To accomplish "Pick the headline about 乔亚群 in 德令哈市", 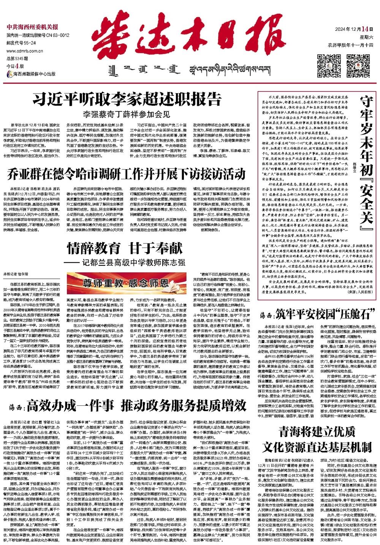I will click(127, 174).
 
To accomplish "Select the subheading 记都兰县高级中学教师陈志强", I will click(134, 263).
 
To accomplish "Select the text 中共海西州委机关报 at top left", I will click(32, 27).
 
